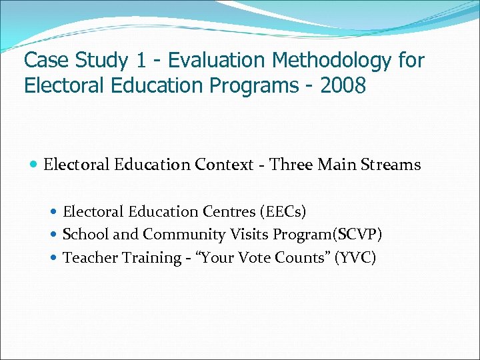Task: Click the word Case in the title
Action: coord(46,61)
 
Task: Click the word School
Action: coord(83,235)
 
